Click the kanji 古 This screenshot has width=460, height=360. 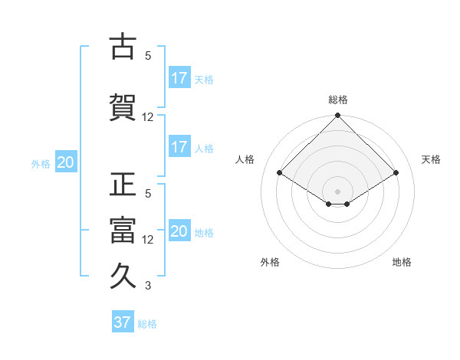[122, 47]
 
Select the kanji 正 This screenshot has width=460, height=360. [122, 185]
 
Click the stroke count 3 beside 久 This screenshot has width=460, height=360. [148, 286]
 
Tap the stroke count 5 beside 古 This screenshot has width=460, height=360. [148, 56]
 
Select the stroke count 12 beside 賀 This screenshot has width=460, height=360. [148, 117]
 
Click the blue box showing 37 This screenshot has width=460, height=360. [123, 322]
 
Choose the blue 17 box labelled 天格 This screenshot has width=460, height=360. [179, 77]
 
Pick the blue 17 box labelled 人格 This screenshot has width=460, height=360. [179, 147]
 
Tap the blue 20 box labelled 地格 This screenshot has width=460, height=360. [179, 231]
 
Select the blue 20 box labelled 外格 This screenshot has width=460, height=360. [66, 162]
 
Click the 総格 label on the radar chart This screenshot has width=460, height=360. [337, 100]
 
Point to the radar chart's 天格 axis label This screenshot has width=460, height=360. [431, 159]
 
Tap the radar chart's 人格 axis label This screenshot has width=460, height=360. [245, 159]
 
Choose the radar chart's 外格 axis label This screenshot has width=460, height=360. [270, 262]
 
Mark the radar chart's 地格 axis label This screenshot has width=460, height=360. [402, 262]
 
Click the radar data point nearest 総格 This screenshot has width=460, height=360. [337, 116]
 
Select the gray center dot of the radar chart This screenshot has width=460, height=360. [337, 190]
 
